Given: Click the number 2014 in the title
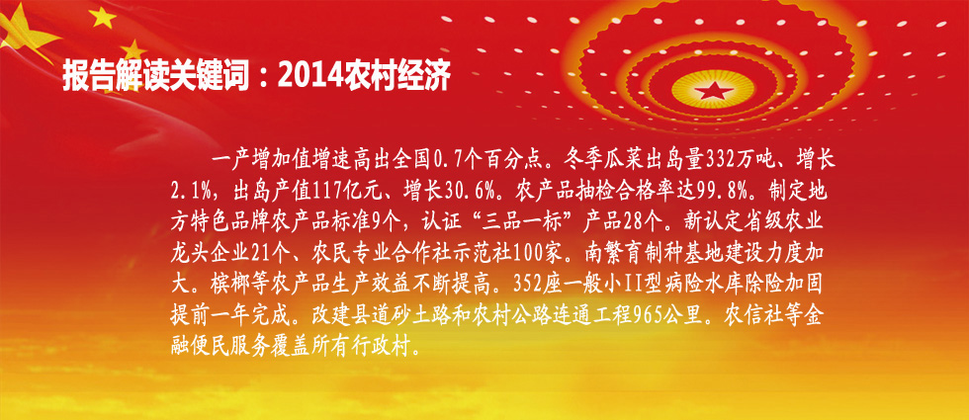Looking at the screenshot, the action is coord(306,76).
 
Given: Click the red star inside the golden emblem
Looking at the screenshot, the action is coord(713,91).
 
